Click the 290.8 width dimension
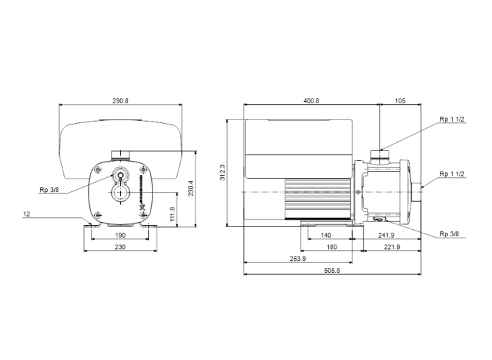tap(121, 101)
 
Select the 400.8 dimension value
tap(311, 101)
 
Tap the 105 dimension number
tap(400, 101)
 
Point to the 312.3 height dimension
tap(223, 172)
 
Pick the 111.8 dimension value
tap(172, 214)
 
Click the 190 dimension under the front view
tap(121, 236)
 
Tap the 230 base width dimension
tap(121, 247)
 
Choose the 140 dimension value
tap(326, 236)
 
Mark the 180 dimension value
tap(332, 247)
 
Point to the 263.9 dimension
tap(297, 259)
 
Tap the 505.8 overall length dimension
tap(332, 271)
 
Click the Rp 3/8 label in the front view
tap(48, 189)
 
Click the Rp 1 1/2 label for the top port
tap(451, 120)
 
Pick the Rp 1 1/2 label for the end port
tap(451, 174)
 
